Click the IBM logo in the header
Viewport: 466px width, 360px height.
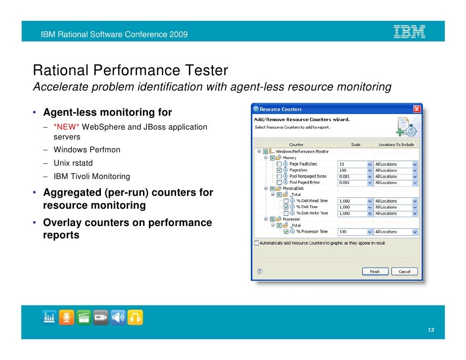[x=409, y=32]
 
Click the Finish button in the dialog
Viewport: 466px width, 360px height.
[x=374, y=271]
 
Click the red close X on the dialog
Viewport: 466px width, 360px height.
[x=417, y=109]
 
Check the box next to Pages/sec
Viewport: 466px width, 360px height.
[x=280, y=170]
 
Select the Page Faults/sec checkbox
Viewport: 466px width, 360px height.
[x=280, y=164]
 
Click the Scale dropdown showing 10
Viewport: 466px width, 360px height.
[x=355, y=164]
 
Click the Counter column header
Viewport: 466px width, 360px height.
[x=296, y=145]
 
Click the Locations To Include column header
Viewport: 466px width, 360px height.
[x=396, y=145]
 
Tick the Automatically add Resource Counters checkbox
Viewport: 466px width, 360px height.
[x=256, y=243]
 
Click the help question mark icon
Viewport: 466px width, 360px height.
[x=260, y=271]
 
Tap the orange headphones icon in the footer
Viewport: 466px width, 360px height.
[x=135, y=317]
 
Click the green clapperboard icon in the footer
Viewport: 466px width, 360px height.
[x=84, y=317]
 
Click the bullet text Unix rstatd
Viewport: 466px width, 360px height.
[x=73, y=163]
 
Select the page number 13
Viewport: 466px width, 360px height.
[x=431, y=331]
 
